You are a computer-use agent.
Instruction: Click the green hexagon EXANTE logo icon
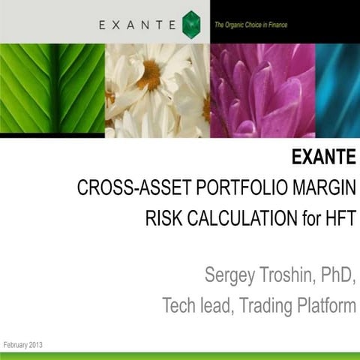[x=191, y=24]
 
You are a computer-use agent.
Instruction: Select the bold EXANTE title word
[x=323, y=158]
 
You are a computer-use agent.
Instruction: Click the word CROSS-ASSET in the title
[x=123, y=188]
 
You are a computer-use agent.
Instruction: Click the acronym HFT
[x=337, y=219]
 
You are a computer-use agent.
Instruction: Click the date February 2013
[x=23, y=344]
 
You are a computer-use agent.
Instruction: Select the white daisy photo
[x=157, y=89]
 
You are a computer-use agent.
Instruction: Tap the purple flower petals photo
[x=262, y=89]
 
